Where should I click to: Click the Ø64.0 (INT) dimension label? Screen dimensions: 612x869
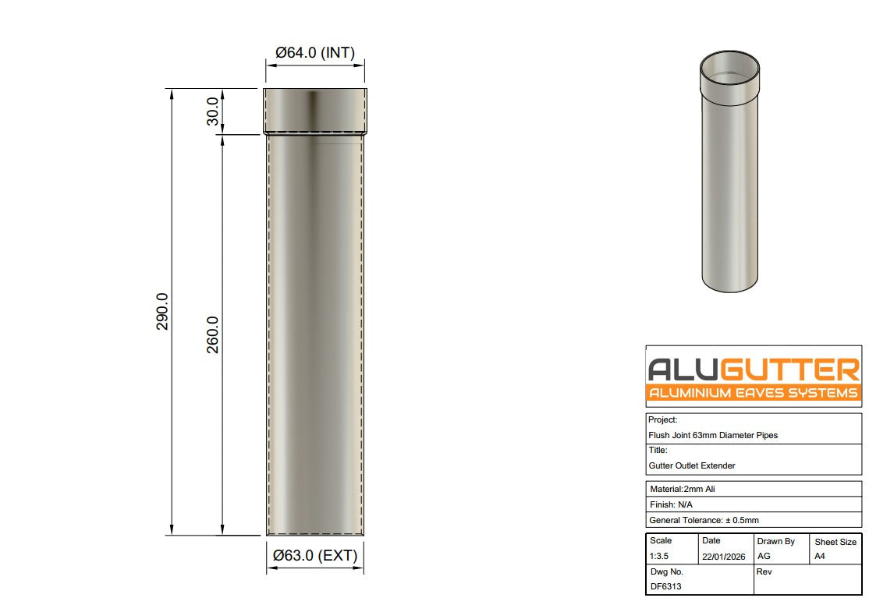point(315,53)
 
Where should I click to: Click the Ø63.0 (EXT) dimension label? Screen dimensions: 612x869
point(315,556)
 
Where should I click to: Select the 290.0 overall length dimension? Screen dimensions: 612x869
point(162,312)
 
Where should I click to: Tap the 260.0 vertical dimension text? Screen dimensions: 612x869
point(212,334)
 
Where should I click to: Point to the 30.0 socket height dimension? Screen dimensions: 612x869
point(212,111)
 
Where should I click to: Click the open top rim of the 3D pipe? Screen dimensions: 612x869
point(729,69)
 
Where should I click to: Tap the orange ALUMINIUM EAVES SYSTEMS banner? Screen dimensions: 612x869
point(754,393)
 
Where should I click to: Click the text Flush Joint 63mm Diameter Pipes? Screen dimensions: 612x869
point(713,435)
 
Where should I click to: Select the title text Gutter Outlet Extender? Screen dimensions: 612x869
point(692,465)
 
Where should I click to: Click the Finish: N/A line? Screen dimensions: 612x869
point(671,504)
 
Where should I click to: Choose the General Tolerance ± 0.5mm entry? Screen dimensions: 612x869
point(704,520)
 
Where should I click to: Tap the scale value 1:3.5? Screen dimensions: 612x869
point(660,557)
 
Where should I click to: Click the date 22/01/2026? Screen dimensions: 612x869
point(723,557)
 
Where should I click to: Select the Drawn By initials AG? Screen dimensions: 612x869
point(764,557)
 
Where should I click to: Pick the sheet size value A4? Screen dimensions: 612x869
point(820,557)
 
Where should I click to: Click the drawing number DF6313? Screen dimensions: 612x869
point(665,586)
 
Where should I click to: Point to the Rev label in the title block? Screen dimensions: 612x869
point(764,571)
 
